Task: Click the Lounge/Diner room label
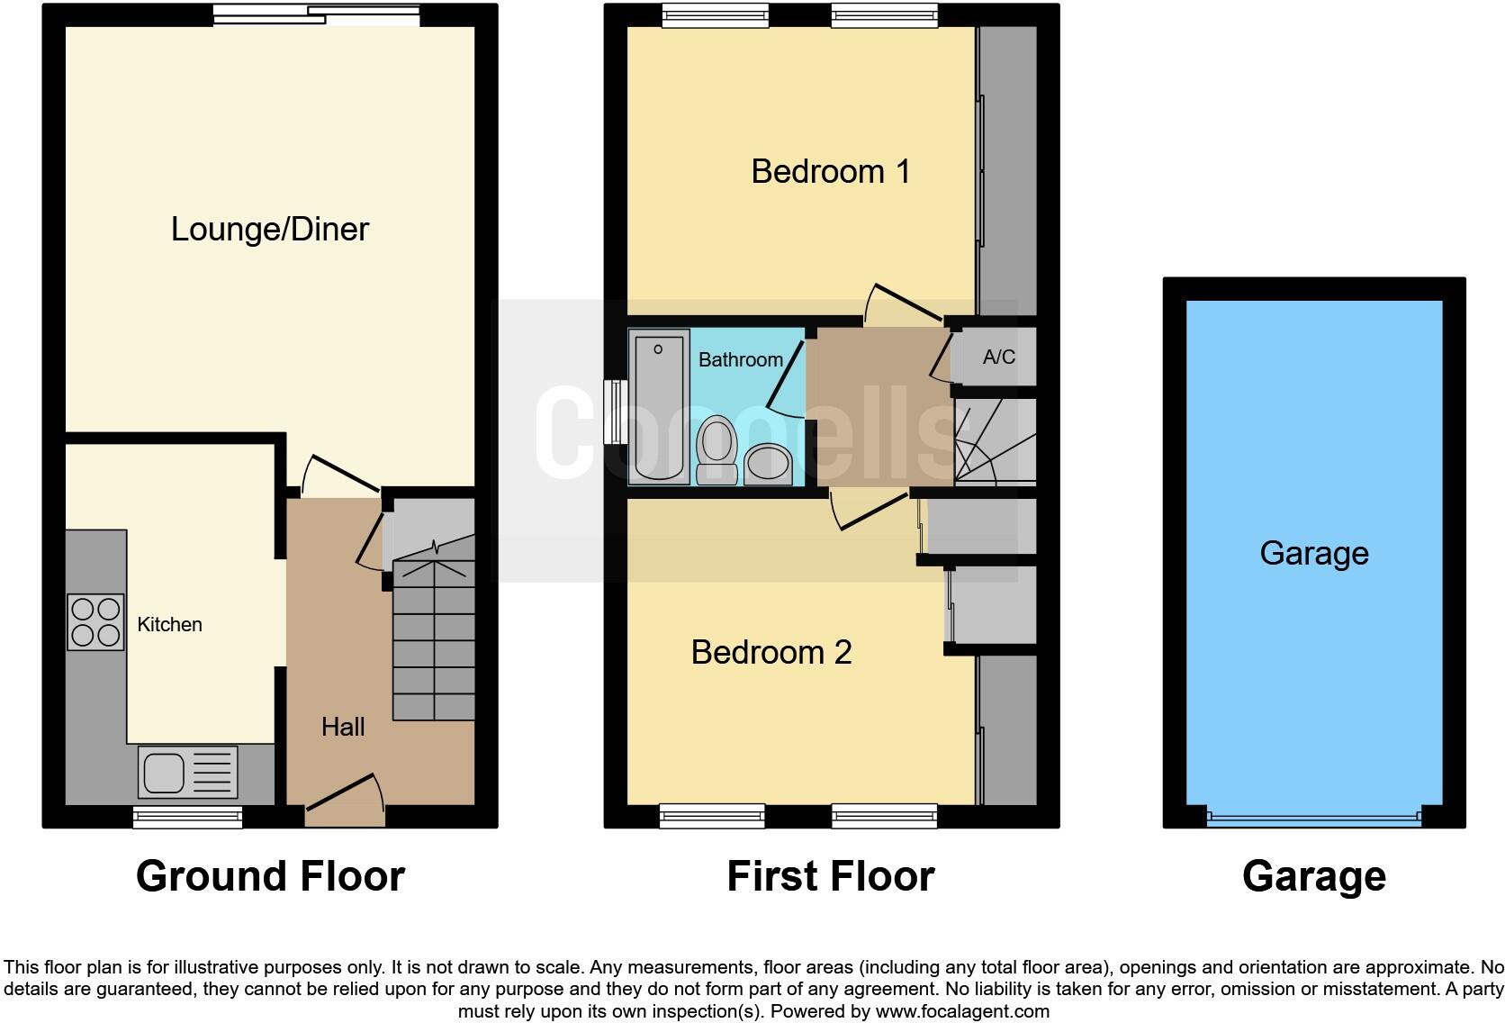click(269, 229)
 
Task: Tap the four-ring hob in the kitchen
click(95, 621)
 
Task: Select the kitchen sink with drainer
click(188, 773)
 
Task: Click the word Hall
click(343, 727)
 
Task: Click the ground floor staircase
click(434, 630)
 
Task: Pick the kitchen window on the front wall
click(187, 817)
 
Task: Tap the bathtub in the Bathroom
click(659, 405)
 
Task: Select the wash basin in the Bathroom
click(768, 464)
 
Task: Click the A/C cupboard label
click(998, 358)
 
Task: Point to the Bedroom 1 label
click(830, 171)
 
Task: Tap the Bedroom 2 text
click(771, 652)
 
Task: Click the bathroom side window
click(615, 412)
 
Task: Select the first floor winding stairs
click(994, 441)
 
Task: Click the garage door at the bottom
click(1313, 819)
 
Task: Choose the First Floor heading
click(830, 876)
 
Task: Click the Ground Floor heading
click(270, 876)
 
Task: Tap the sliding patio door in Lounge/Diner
click(317, 14)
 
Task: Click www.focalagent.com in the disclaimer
click(961, 1011)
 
